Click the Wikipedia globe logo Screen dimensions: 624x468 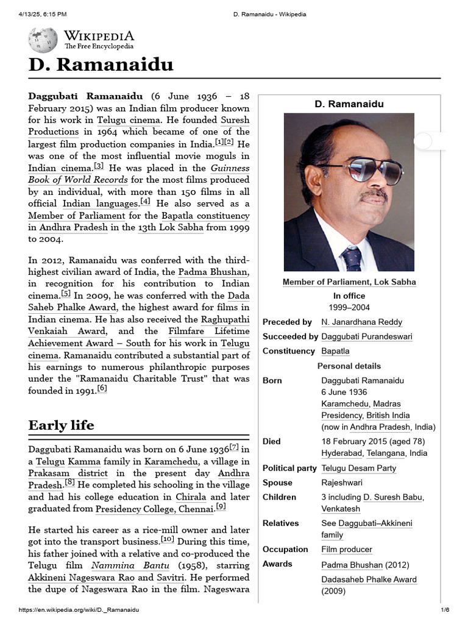[43, 40]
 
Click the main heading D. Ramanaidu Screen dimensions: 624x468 [101, 65]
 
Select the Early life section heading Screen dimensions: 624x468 [61, 425]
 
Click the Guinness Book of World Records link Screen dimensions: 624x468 [78, 180]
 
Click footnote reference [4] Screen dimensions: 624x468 [145, 201]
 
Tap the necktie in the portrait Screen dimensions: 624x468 [352, 258]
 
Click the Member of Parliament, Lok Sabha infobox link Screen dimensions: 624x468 [349, 282]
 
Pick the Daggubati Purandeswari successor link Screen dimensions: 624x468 [366, 336]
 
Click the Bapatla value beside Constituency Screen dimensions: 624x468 [335, 351]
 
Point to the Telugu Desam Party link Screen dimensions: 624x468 [358, 468]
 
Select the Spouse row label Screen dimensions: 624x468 [277, 483]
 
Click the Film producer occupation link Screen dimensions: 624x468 [347, 549]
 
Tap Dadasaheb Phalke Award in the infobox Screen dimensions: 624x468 [369, 579]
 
